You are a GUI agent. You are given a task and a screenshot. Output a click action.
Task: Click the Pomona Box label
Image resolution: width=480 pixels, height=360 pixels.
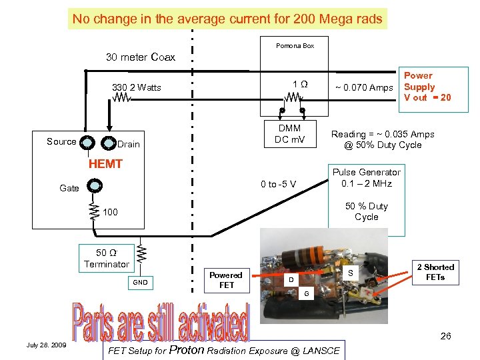(x=295, y=46)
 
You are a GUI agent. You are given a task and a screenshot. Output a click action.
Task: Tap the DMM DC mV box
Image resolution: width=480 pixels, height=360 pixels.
(x=289, y=133)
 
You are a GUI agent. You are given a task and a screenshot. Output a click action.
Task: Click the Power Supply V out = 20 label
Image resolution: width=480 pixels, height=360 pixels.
(x=427, y=87)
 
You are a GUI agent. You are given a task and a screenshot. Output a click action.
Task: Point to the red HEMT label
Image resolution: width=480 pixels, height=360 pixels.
(x=106, y=164)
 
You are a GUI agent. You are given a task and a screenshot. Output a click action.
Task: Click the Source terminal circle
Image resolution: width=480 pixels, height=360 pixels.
(x=88, y=142)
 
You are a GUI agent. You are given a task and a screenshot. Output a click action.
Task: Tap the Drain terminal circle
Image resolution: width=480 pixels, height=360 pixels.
(x=109, y=143)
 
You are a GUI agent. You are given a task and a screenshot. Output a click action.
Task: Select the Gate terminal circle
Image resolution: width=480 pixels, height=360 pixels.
(x=95, y=187)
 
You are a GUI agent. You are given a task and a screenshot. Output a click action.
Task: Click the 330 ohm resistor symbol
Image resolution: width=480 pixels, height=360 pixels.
(x=121, y=98)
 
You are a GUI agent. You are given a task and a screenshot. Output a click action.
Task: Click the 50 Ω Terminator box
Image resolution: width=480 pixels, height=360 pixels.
(x=107, y=259)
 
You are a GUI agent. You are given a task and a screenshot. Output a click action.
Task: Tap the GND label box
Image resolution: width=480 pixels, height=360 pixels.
(x=139, y=283)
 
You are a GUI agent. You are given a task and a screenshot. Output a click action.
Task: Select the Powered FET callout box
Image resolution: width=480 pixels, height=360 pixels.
(x=226, y=280)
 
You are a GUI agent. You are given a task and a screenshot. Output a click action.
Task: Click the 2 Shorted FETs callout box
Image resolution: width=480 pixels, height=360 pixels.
(x=435, y=272)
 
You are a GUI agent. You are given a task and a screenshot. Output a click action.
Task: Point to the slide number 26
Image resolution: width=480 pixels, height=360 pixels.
(x=445, y=336)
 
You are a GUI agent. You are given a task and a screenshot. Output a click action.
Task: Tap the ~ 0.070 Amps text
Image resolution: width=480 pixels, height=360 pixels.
(x=363, y=87)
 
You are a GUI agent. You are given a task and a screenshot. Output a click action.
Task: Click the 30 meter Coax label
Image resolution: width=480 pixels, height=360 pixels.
(x=141, y=57)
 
